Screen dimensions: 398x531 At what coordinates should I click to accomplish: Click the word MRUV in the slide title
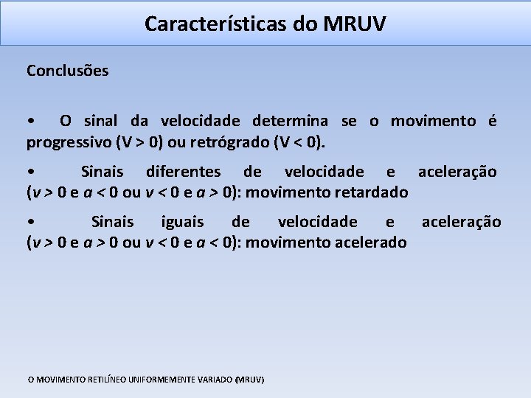click(354, 24)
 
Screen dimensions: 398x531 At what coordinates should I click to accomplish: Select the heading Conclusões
click(67, 71)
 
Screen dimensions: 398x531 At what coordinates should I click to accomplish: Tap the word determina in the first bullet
click(292, 121)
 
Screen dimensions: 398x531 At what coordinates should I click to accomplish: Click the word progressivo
click(68, 141)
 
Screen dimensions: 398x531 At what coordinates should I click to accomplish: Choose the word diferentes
click(183, 172)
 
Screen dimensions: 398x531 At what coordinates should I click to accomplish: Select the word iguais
click(185, 222)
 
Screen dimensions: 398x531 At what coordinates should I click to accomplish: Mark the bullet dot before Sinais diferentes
click(29, 172)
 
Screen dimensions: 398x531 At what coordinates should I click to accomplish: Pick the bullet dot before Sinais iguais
click(29, 223)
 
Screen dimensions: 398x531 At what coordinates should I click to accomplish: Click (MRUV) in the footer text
click(249, 380)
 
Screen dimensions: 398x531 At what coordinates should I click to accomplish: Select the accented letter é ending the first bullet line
click(492, 121)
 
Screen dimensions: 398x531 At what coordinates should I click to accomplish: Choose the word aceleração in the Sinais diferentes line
click(457, 172)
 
